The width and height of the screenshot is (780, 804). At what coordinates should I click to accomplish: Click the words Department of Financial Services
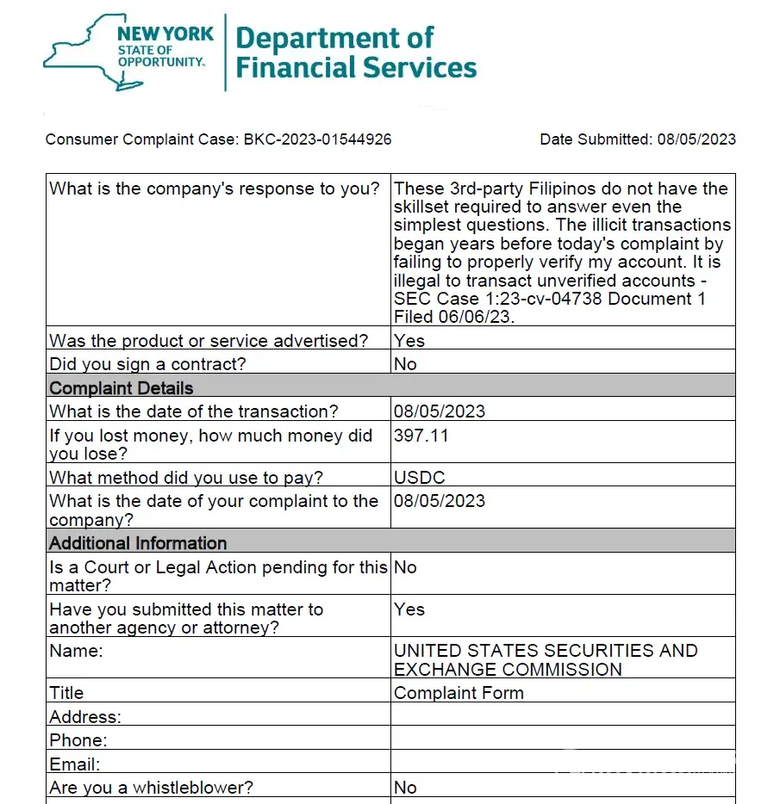click(355, 53)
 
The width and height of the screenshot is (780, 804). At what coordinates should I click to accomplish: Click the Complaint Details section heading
click(122, 387)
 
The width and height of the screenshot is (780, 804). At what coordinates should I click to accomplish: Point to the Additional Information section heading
click(138, 543)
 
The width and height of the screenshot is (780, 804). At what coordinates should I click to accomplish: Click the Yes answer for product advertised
click(409, 340)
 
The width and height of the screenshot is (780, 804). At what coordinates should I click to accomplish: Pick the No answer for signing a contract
click(405, 363)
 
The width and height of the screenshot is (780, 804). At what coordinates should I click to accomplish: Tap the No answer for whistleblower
click(405, 787)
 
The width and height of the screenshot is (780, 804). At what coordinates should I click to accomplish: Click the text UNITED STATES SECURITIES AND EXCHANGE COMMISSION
click(545, 659)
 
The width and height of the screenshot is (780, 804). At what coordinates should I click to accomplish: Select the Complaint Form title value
click(459, 693)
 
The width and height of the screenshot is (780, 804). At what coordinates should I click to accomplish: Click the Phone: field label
click(78, 740)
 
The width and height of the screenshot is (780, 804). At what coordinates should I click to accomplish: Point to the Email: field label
click(75, 764)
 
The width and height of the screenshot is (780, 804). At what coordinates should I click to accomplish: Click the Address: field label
click(85, 716)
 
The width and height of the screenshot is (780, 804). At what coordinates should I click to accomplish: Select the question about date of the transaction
click(194, 411)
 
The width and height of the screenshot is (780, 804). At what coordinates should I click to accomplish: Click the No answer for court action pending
click(405, 567)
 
